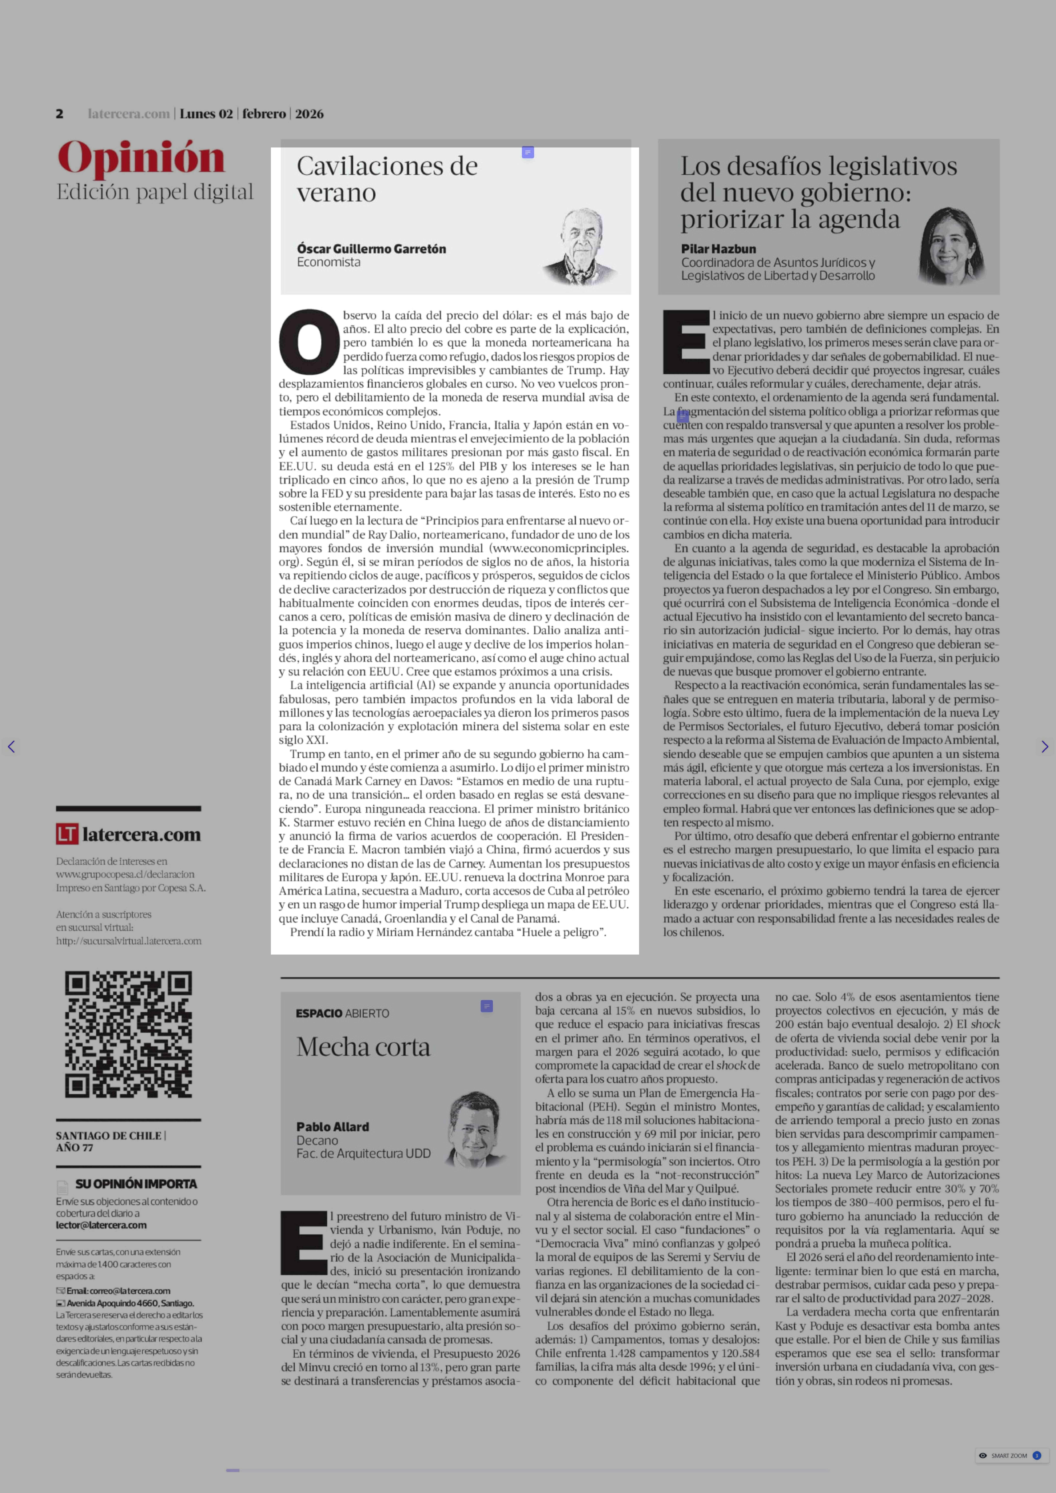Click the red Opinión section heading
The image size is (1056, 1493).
[141, 158]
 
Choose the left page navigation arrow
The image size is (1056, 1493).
[11, 747]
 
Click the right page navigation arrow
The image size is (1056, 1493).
[1044, 747]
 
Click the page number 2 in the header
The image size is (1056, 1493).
[59, 114]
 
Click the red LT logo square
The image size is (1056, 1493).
[67, 834]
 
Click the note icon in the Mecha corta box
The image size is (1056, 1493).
[486, 1006]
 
